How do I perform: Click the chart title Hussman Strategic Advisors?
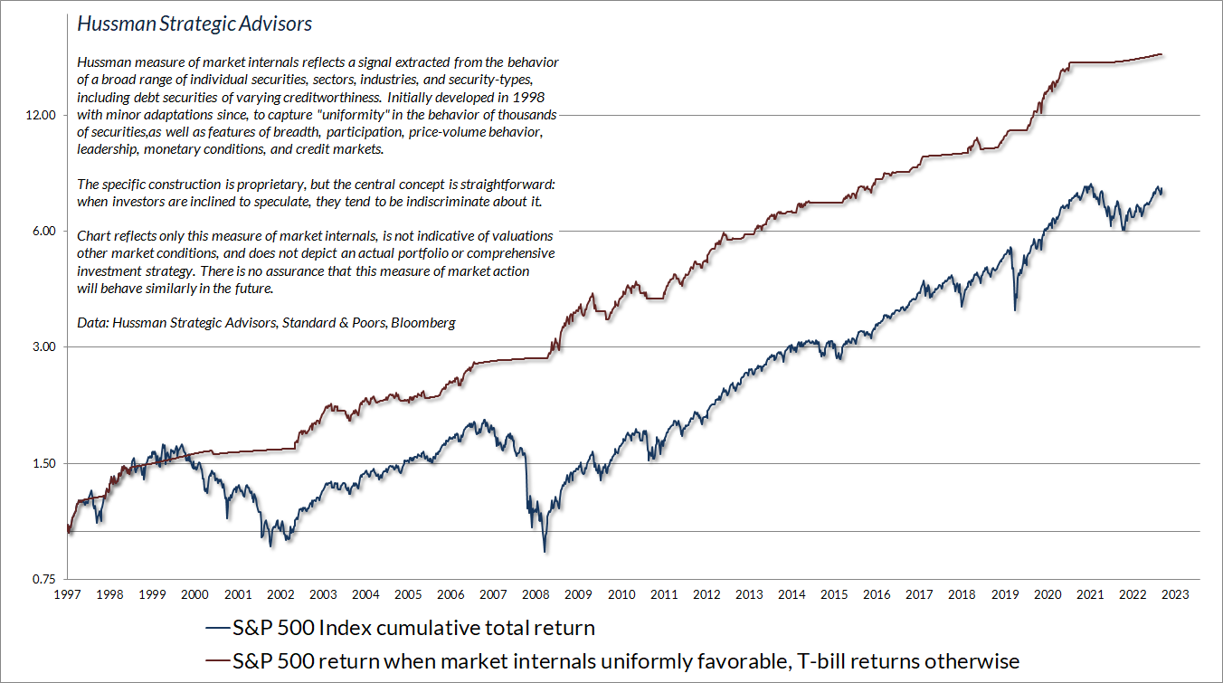194,24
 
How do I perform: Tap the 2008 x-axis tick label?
536,594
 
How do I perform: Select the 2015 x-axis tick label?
834,594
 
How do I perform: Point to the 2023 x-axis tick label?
1175,594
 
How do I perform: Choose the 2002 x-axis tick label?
280,594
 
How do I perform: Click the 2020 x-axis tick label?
1048,594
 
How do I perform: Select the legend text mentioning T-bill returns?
624,662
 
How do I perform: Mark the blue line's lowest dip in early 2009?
545,550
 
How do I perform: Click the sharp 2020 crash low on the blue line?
1016,310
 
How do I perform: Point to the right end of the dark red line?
1162,54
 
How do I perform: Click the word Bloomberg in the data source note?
425,322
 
